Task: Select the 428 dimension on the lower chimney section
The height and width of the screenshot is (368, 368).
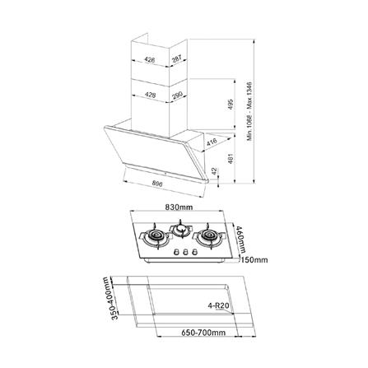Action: (150, 96)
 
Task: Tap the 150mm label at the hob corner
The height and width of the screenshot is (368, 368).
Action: (255, 261)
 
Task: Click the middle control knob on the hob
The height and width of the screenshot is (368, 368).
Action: (182, 253)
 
